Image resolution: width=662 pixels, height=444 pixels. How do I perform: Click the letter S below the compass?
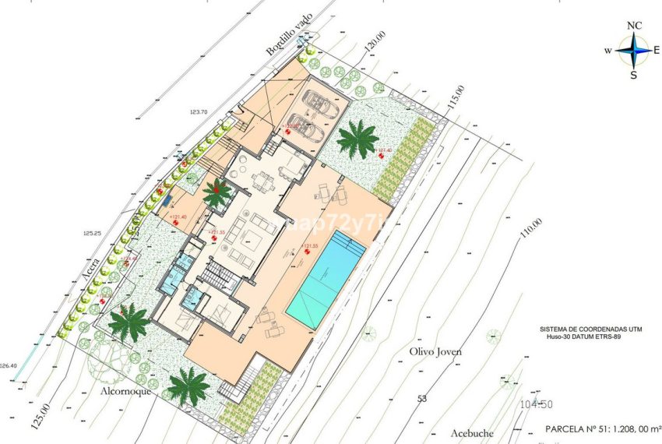634,75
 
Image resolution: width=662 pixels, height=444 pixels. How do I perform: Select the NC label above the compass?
635,26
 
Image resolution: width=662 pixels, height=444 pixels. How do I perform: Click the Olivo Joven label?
435,351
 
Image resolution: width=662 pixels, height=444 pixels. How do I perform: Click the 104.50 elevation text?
535,404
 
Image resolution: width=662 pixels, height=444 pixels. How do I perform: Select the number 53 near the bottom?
422,399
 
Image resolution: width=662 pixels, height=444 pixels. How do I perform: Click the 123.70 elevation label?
199,112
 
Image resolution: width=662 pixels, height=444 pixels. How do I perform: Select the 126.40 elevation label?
8,365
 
